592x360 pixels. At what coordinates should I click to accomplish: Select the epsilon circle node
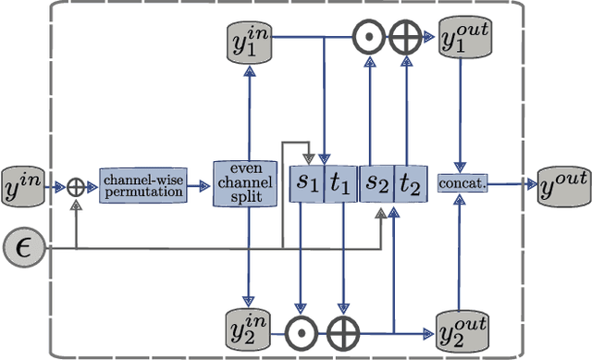pos(23,247)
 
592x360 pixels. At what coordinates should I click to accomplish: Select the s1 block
pos(307,185)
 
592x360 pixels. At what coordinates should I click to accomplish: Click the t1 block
pos(340,185)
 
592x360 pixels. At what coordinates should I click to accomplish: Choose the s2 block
pos(376,185)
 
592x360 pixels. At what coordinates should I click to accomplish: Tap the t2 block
pos(410,185)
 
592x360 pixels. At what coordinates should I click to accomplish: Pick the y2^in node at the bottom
pos(246,328)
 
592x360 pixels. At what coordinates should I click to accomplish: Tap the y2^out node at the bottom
pos(462,329)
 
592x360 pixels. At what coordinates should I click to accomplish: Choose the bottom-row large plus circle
pos(343,329)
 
